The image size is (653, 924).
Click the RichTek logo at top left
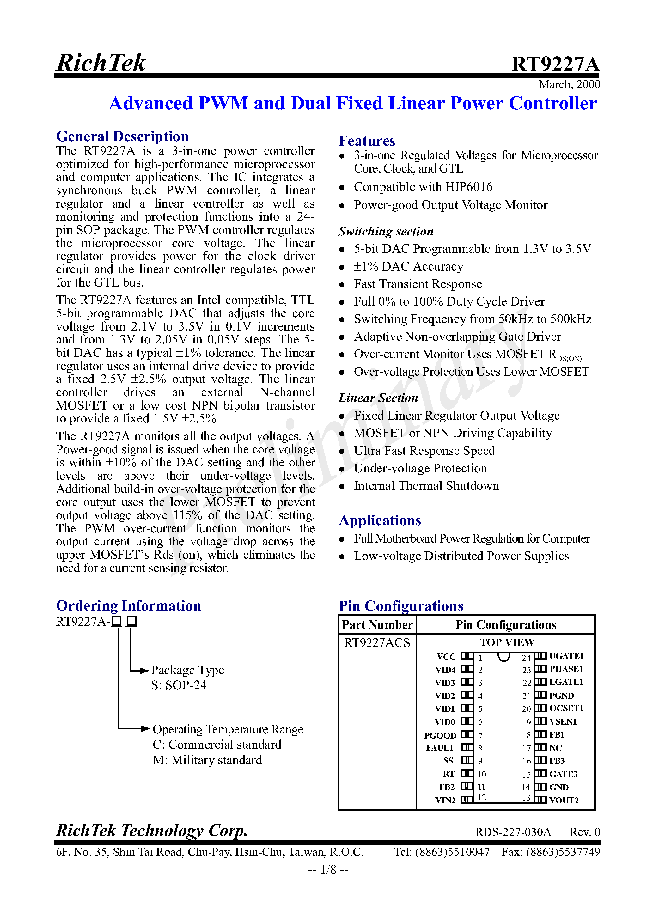coord(101,63)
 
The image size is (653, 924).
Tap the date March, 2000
coord(569,84)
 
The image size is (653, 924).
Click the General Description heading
coord(122,137)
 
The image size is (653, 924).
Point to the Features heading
coord(367,141)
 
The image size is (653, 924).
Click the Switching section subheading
coord(386,231)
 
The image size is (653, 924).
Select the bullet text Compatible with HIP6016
coord(423,187)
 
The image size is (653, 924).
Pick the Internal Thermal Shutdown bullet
coord(426,486)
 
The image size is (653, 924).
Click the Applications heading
coord(380,520)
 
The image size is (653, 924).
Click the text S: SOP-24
coord(179,685)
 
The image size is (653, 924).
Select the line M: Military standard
coord(207,760)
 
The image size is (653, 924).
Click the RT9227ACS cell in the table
coord(377,643)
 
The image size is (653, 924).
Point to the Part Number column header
coord(377,625)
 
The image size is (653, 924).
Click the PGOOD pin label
coord(440,735)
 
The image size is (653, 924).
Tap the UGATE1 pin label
coord(566,656)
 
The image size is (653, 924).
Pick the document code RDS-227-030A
coord(513,832)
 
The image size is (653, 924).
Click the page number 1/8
coord(328,870)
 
